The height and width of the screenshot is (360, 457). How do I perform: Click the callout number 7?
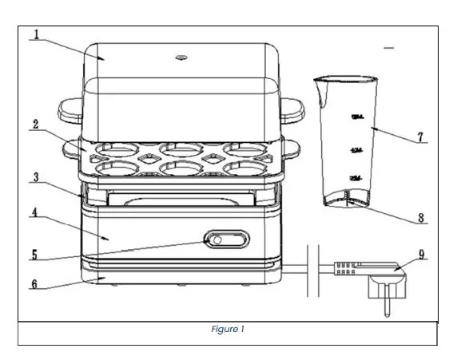click(x=420, y=137)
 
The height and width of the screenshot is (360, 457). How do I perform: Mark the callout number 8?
click(x=421, y=216)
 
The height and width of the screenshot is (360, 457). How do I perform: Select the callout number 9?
click(x=421, y=257)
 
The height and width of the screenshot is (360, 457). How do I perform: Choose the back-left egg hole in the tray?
click(x=114, y=148)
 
